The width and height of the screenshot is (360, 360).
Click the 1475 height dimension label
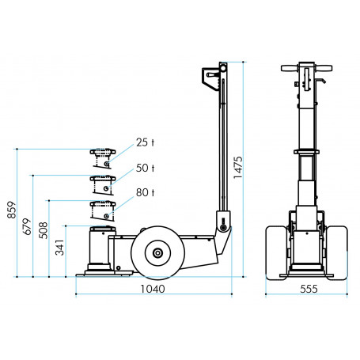[238, 168]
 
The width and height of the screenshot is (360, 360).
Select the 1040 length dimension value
[152, 290]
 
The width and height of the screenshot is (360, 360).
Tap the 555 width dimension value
[309, 290]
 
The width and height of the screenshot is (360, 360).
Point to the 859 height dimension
[11, 208]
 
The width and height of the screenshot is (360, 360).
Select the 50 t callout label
[145, 169]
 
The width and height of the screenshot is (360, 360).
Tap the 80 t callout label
[145, 192]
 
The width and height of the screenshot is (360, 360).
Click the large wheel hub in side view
[158, 253]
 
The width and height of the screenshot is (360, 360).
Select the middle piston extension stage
[103, 184]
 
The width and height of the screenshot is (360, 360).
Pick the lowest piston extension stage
[103, 210]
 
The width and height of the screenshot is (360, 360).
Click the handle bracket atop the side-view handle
[212, 78]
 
